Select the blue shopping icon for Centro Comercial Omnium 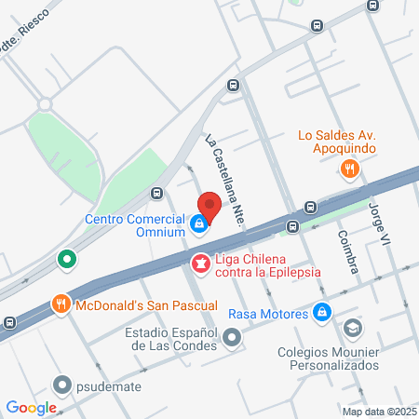click(198, 223)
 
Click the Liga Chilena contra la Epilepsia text click(268, 264)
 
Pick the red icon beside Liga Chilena click(200, 265)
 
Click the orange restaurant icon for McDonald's click(61, 304)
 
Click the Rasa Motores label click(267, 314)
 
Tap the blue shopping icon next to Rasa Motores click(322, 313)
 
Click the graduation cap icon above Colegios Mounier click(353, 328)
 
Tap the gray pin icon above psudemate click(62, 383)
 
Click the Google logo click(31, 407)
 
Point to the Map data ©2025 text click(377, 412)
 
